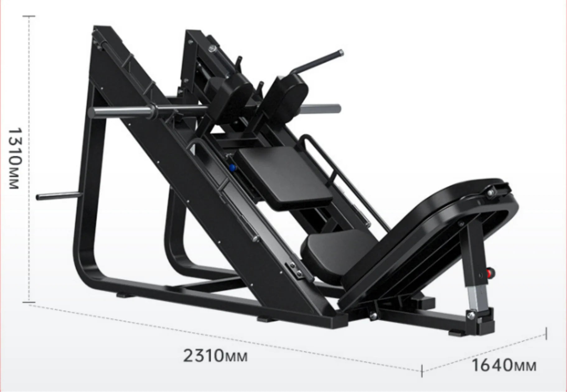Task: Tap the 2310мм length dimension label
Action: (x=215, y=356)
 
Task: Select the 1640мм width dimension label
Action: (x=504, y=365)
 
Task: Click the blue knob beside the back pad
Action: (x=232, y=168)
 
